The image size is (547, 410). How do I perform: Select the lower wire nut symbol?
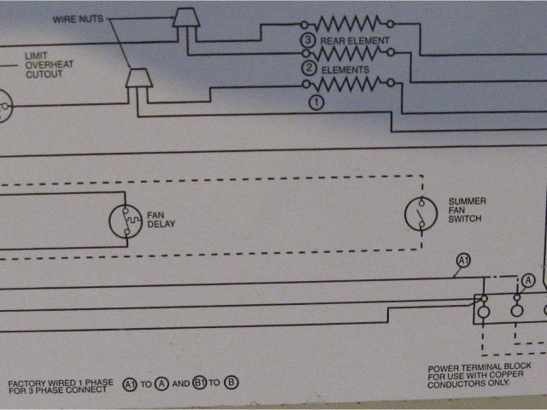138,79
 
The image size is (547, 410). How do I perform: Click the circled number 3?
307,40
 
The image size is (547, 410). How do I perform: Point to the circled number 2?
307,69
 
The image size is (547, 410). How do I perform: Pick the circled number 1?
316,102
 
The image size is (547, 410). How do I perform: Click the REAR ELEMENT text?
355,40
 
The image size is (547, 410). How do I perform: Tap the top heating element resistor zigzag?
346,23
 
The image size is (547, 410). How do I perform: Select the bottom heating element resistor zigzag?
346,84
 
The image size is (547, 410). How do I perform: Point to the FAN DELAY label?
162,220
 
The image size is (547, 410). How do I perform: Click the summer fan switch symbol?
418,214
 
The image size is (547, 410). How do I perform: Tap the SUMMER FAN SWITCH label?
467,210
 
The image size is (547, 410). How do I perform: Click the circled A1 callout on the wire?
463,260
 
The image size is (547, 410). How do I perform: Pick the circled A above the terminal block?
527,279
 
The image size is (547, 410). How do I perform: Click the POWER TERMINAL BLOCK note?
479,374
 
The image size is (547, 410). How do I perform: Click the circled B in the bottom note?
232,384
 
